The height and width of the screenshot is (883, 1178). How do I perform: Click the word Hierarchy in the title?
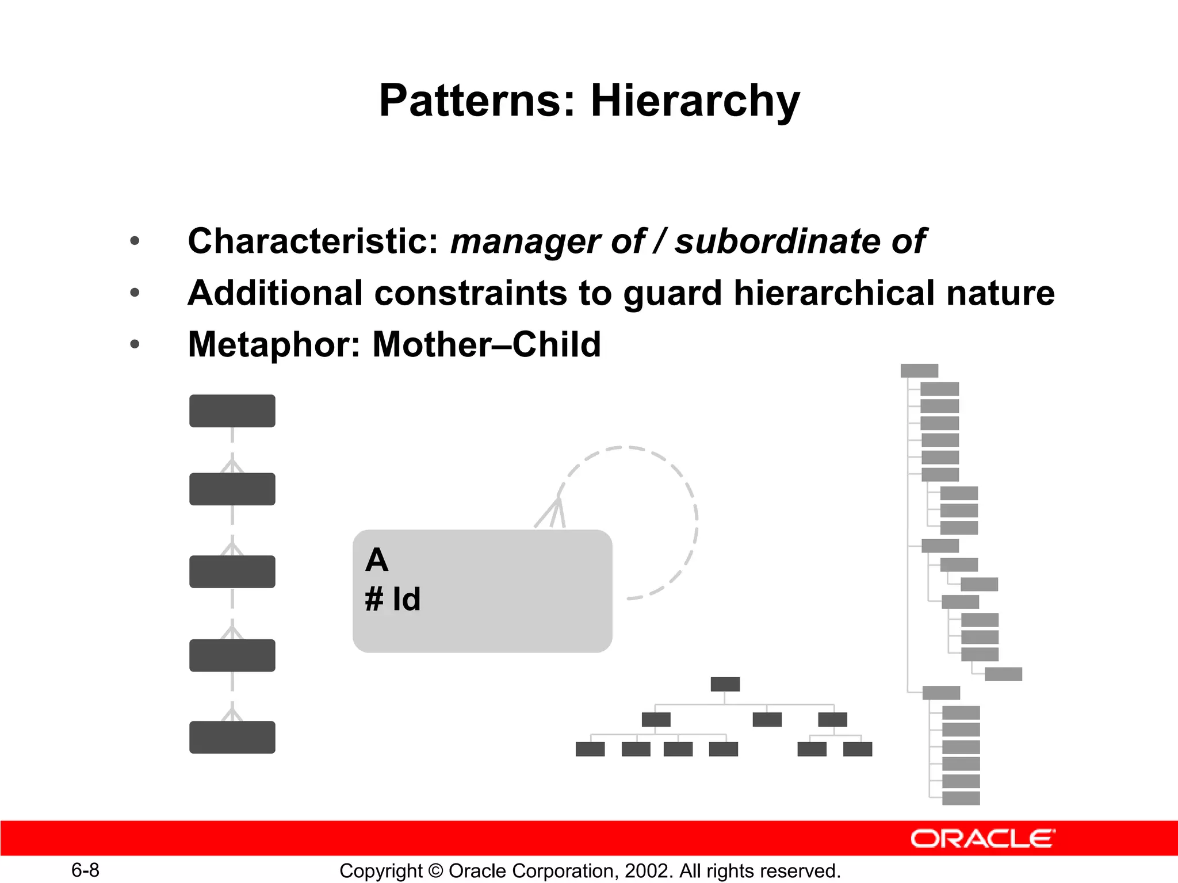point(695,101)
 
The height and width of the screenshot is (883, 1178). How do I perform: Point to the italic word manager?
point(525,242)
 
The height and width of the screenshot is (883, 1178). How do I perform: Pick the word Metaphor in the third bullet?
point(274,345)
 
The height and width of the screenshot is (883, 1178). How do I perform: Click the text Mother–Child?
point(487,345)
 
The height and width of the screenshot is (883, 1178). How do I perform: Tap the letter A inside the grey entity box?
point(377,560)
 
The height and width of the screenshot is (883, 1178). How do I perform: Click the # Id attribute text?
point(393,599)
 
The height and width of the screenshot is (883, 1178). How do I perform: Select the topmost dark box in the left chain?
point(232,410)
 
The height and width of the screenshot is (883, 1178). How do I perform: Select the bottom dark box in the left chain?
point(232,737)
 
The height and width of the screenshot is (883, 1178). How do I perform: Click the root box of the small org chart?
point(725,684)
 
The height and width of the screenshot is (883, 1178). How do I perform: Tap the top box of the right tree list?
point(919,371)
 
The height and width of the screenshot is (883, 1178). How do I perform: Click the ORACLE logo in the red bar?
point(982,839)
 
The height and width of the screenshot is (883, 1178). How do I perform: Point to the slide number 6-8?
point(85,870)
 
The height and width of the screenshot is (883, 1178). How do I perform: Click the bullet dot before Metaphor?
point(135,345)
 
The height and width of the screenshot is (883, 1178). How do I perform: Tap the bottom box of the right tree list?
point(961,798)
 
